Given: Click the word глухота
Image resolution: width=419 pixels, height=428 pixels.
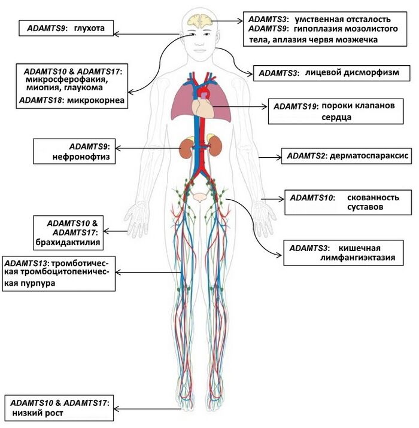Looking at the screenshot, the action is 89,28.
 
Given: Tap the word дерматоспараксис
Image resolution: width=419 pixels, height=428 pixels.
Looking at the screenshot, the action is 369,156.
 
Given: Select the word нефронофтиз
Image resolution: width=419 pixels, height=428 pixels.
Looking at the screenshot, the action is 81,157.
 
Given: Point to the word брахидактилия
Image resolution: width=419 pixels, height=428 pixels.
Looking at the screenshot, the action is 68,242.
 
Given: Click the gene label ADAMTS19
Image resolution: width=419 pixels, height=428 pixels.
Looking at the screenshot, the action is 295,106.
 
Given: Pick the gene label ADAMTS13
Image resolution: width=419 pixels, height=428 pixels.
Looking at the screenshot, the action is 26,264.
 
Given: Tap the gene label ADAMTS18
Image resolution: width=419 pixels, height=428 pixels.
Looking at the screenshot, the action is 41,100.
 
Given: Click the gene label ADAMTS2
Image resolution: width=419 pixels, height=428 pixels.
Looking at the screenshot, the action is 306,156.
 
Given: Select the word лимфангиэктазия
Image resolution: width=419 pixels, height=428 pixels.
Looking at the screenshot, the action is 357,258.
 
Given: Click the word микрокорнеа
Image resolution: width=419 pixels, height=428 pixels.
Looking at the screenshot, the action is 96,100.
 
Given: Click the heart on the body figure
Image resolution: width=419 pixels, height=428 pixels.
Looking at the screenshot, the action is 203,108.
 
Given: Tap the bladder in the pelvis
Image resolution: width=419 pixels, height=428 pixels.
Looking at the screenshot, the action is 200,197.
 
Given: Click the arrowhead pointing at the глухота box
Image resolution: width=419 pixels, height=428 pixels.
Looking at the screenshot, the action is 116,34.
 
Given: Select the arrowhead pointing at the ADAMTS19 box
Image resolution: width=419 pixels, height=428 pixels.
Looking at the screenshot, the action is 265,106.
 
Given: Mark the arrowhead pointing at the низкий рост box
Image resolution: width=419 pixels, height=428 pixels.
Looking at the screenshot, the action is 116,409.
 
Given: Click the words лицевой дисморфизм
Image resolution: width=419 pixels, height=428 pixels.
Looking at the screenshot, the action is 352,72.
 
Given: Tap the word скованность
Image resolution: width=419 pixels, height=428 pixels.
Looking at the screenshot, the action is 373,197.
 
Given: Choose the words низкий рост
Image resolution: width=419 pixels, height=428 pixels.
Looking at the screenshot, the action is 38,413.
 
